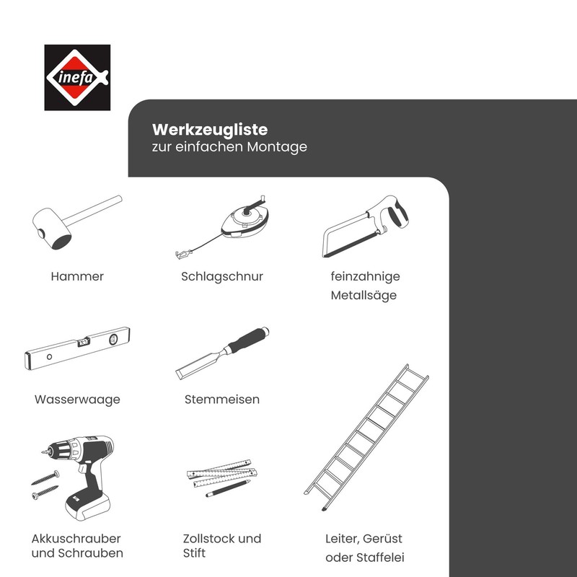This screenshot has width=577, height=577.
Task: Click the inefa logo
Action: coord(77,77)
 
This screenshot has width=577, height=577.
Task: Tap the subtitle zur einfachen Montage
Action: coord(229,147)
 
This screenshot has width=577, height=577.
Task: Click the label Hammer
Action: coord(77,276)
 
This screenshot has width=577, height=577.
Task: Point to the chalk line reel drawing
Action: coord(245,216)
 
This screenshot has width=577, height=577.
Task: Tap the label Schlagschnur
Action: coord(221,276)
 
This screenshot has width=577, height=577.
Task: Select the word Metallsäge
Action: coord(364,296)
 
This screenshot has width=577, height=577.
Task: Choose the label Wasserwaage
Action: coord(77,399)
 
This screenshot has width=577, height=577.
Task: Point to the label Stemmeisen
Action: coord(221,399)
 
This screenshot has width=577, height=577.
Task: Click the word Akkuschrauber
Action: coord(76,539)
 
